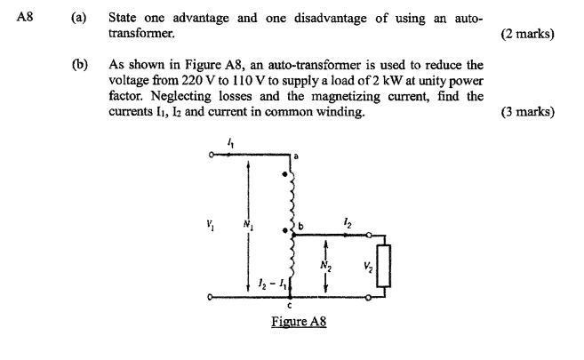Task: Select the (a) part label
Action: point(79,19)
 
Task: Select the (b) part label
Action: point(79,65)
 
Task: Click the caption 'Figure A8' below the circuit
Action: point(299,321)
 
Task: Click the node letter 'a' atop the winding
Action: point(295,156)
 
